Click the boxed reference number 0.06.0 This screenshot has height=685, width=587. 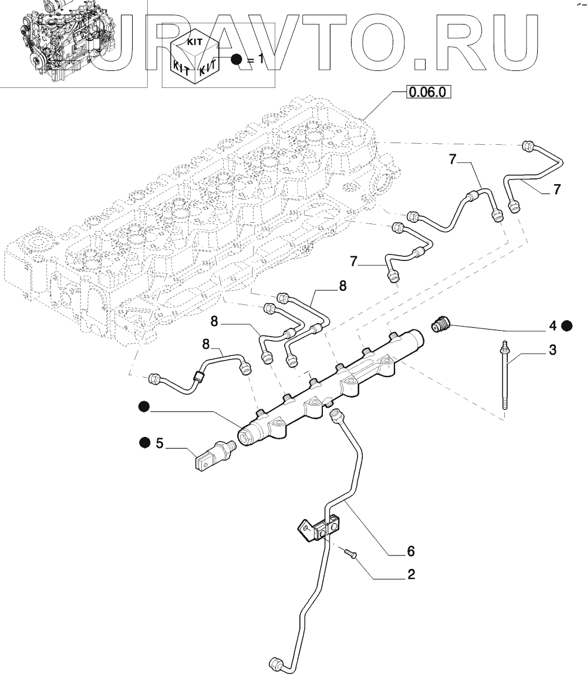(430, 92)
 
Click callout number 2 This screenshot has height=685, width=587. (411, 575)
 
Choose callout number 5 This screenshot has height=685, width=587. (159, 443)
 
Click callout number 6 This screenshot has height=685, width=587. (411, 551)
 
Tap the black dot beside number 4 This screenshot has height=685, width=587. (566, 325)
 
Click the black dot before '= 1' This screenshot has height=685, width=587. (236, 60)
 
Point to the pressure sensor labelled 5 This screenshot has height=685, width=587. (214, 457)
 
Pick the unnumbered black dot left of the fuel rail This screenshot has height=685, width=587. (144, 406)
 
